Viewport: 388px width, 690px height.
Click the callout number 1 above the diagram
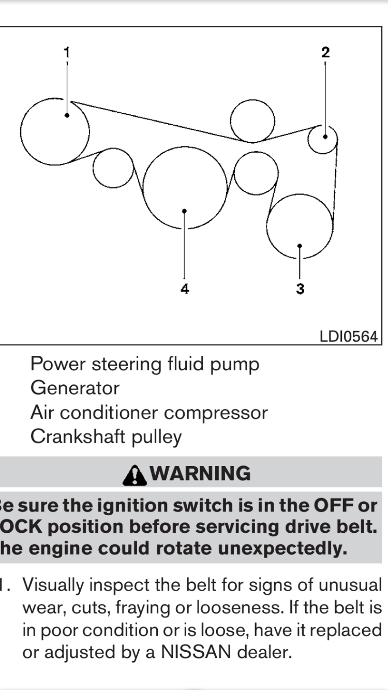[66, 52]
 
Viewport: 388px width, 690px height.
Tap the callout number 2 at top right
[325, 52]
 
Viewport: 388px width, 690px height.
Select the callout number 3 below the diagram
[300, 289]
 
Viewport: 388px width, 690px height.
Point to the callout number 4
[185, 289]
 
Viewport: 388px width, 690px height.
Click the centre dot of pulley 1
[67, 115]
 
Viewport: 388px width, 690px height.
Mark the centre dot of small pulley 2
[325, 137]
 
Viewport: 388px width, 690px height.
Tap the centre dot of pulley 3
[300, 246]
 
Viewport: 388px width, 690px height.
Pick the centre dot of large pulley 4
[185, 211]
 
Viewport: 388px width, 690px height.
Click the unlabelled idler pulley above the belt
[252, 120]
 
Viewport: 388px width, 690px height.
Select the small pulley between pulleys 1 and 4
[113, 168]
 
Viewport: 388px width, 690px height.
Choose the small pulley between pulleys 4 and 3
[256, 173]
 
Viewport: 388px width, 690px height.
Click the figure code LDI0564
[349, 336]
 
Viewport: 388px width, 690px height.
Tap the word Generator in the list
[74, 388]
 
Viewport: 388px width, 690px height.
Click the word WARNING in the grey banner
[202, 473]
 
